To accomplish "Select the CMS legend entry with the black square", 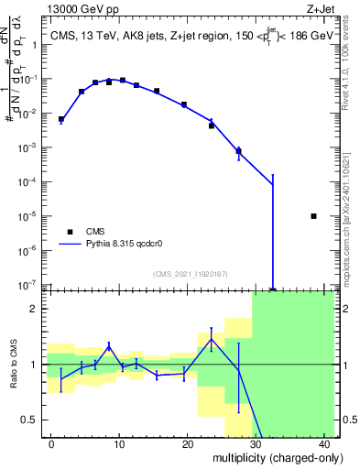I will pos(70,232).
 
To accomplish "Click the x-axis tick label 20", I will pos(188,444).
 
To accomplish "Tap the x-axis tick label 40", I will pos(325,444).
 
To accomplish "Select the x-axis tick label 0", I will pos(51,444).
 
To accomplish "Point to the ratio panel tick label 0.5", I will pos(33,420).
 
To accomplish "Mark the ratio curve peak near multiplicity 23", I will pos(212,339).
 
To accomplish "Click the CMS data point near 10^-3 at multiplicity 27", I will pos(238,151).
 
